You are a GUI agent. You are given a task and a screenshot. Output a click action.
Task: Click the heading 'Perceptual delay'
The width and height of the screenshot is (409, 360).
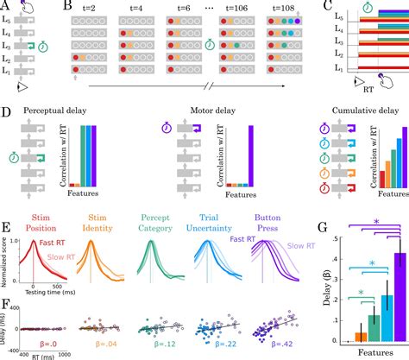coord(51,112)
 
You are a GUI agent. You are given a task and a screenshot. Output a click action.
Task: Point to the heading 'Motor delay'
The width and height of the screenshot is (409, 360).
coord(213,112)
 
